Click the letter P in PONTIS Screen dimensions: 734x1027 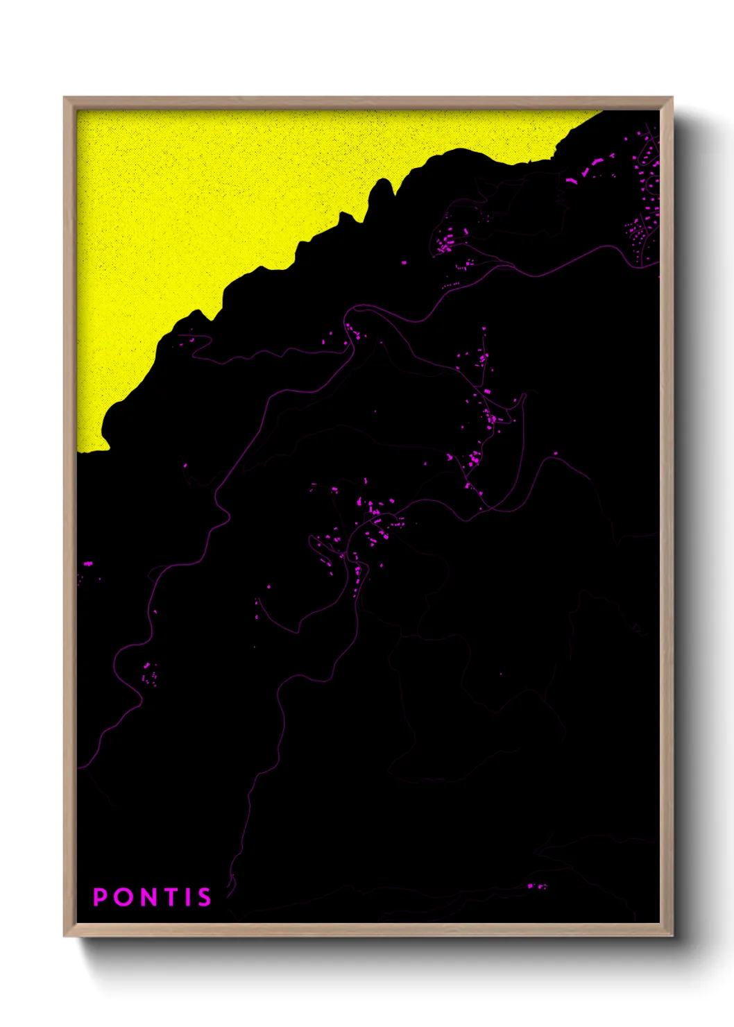coord(101,897)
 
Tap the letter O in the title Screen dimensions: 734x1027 coord(124,897)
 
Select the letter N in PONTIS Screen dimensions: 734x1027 coord(151,897)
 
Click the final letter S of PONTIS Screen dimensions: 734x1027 coord(204,897)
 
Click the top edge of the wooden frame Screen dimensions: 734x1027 coord(368,101)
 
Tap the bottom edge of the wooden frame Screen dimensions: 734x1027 coord(368,931)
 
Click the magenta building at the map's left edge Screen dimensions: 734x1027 coord(87,563)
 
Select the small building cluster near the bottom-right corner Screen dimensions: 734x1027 coord(536,886)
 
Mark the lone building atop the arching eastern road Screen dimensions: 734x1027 coord(555,454)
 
